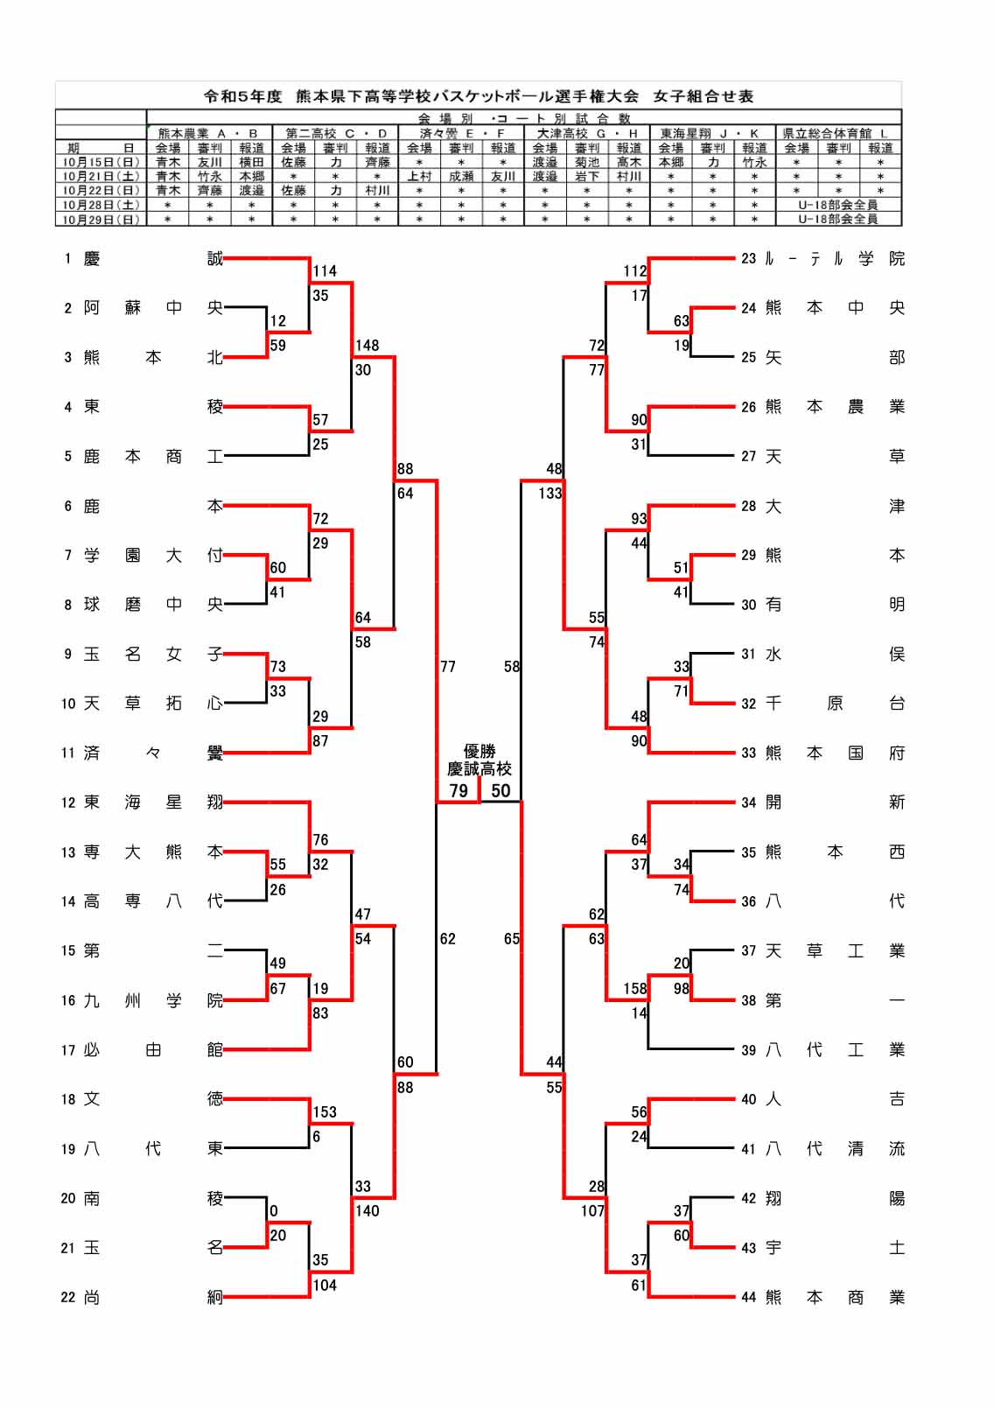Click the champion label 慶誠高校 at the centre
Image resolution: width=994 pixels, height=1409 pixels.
pyautogui.click(x=479, y=768)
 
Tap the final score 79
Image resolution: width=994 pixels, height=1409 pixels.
pyautogui.click(x=458, y=791)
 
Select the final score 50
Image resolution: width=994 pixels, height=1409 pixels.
pyautogui.click(x=500, y=791)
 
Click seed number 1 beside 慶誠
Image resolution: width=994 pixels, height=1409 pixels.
pyautogui.click(x=67, y=259)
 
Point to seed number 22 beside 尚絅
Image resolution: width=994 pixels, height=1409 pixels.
pyautogui.click(x=68, y=1298)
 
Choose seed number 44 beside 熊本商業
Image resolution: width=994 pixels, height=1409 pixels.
pyautogui.click(x=748, y=1298)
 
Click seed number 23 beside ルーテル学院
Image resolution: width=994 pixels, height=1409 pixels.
pyautogui.click(x=748, y=259)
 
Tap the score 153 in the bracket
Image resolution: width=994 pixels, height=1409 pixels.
pyautogui.click(x=325, y=1112)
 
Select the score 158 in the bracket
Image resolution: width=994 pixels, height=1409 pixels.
pyautogui.click(x=635, y=989)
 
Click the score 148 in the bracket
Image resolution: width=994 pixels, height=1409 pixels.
pyautogui.click(x=367, y=346)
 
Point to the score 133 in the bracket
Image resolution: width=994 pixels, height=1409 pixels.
pyautogui.click(x=550, y=494)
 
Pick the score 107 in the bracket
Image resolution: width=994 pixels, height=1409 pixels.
pyautogui.click(x=592, y=1211)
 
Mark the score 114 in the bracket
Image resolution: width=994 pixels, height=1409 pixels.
pyautogui.click(x=325, y=271)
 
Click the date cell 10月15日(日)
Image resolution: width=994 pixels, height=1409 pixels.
pyautogui.click(x=101, y=162)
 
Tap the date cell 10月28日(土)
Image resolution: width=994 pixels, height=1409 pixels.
pyautogui.click(x=101, y=205)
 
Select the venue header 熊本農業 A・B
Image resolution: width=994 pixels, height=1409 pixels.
pyautogui.click(x=208, y=133)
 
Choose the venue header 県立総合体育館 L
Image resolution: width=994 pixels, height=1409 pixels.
pyautogui.click(x=837, y=133)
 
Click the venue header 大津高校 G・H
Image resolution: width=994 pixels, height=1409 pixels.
pyautogui.click(x=586, y=133)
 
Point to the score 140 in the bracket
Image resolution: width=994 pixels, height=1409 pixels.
pyautogui.click(x=367, y=1211)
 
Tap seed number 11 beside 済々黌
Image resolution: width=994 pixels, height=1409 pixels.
pyautogui.click(x=68, y=754)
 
